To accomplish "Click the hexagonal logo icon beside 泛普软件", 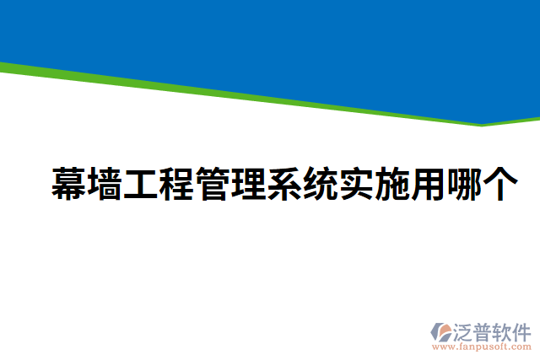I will point(441,332).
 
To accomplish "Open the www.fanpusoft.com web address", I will point(481,347).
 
